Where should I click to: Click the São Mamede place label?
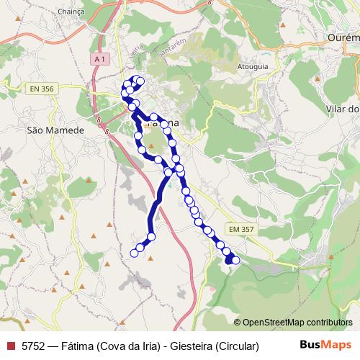[x=55, y=130]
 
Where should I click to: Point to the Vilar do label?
[x=343, y=109]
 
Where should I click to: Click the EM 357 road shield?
[x=242, y=228]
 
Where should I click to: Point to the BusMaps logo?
[x=325, y=346]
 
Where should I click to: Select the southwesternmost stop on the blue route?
[x=134, y=252]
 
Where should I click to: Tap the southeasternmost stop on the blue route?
[x=235, y=260]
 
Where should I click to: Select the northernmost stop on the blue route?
[x=137, y=79]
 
